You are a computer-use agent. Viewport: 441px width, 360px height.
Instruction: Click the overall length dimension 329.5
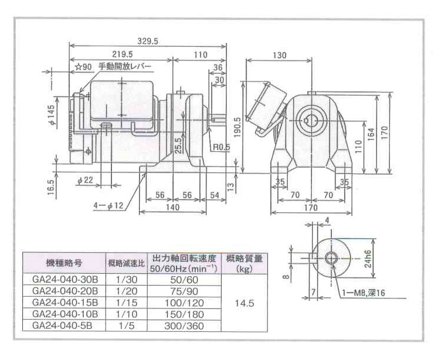(148, 40)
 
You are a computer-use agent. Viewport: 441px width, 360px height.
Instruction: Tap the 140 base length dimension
(172, 207)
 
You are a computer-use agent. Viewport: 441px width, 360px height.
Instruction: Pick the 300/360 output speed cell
(185, 325)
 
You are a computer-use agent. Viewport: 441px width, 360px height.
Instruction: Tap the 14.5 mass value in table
(245, 304)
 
